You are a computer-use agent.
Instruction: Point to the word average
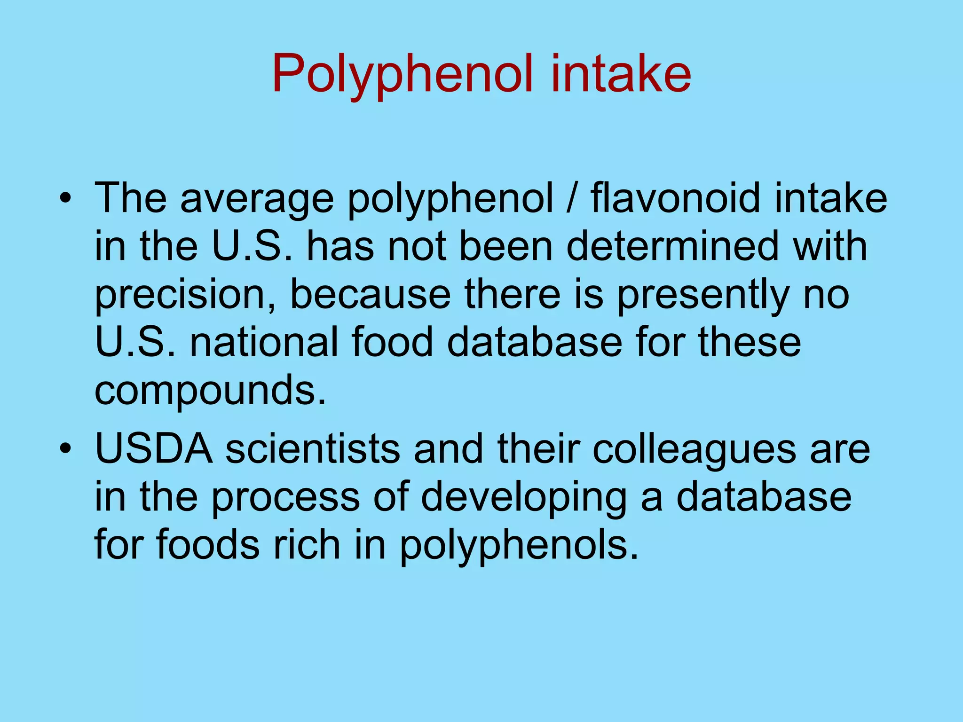(257, 199)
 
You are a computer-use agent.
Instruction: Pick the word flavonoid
(675, 198)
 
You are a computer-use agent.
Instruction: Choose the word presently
(703, 295)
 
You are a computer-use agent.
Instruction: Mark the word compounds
(210, 391)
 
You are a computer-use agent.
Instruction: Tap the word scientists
(313, 448)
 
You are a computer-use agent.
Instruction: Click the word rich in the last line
(307, 544)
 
